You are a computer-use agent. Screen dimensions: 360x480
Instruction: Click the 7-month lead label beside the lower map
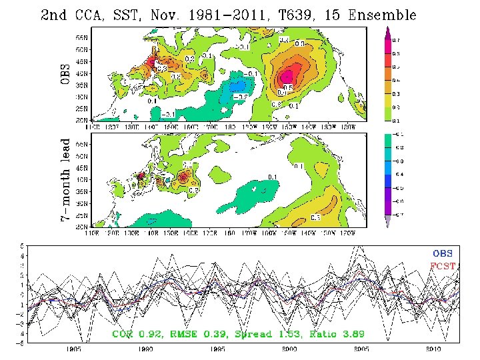(x=65, y=181)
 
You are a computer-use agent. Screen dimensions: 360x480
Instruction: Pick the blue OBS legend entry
(x=443, y=253)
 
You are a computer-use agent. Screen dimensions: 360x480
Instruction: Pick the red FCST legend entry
(x=443, y=265)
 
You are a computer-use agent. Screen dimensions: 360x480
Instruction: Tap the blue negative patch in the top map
(x=237, y=86)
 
